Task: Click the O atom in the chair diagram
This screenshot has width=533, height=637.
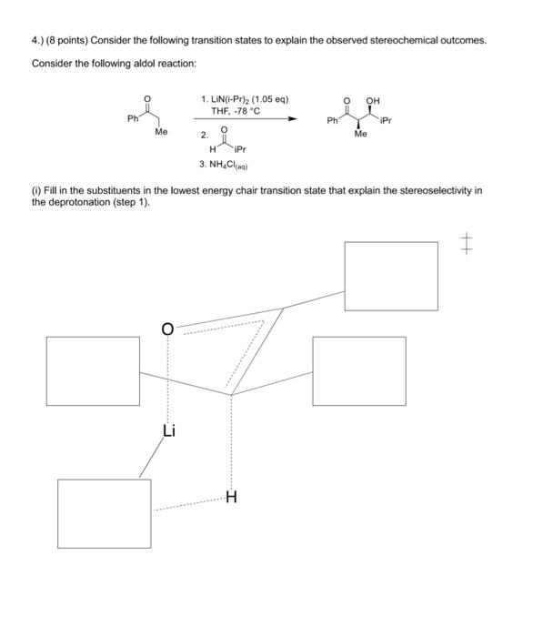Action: point(167,329)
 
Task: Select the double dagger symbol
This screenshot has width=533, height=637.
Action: point(467,243)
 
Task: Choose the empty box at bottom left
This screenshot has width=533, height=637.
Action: point(104,512)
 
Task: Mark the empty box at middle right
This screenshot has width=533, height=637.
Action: point(358,370)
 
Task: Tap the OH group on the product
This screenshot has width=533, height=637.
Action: point(373,101)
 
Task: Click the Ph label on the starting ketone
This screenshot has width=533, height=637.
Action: point(134,118)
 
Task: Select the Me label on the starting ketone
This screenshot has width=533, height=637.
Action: point(161,133)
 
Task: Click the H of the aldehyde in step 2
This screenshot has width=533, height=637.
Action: point(212,149)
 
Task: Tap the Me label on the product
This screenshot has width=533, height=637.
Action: point(360,134)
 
